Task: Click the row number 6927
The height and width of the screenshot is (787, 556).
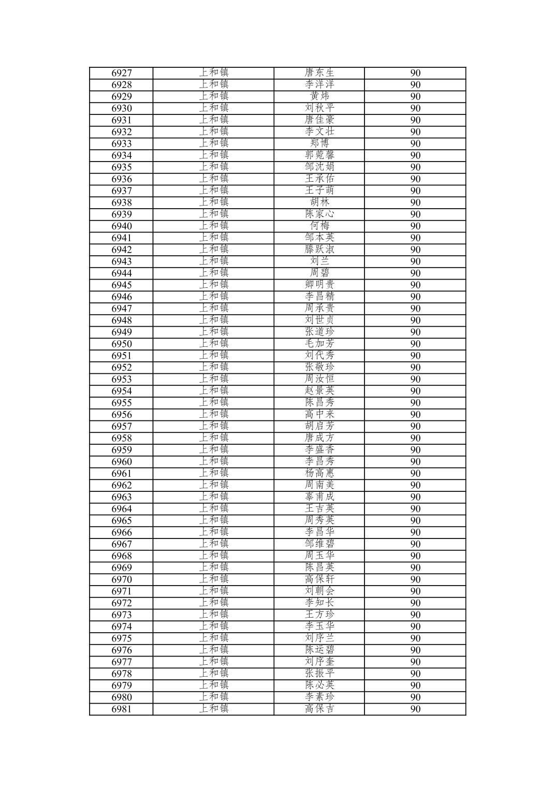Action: (x=122, y=73)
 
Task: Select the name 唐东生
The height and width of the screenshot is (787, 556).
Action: (x=319, y=72)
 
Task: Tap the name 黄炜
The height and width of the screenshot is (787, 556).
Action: (x=319, y=96)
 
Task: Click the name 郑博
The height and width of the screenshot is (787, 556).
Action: (x=319, y=143)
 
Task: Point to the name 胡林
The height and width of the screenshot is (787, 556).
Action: (x=319, y=202)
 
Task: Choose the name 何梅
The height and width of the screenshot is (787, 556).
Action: (x=319, y=226)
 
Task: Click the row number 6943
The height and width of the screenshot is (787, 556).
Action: (x=122, y=261)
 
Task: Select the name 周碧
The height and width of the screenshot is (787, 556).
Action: (x=319, y=273)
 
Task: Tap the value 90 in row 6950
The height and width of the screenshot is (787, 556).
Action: (x=415, y=344)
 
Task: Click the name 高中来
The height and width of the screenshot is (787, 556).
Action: (x=319, y=414)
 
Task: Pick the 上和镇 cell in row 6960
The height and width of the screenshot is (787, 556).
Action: (x=214, y=461)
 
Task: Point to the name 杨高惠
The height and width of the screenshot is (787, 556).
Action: (x=319, y=473)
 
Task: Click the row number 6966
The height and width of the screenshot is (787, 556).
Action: (x=122, y=532)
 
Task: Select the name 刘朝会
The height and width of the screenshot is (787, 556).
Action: (x=319, y=591)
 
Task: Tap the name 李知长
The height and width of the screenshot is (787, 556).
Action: (x=319, y=603)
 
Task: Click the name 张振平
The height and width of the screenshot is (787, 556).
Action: (x=319, y=673)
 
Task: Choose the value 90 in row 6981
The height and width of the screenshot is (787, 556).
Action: (x=415, y=709)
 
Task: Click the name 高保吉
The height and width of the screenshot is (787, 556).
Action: (x=319, y=709)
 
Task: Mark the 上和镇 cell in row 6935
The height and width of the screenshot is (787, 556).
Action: (x=214, y=167)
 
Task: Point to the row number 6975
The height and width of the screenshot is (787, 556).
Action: (x=122, y=638)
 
